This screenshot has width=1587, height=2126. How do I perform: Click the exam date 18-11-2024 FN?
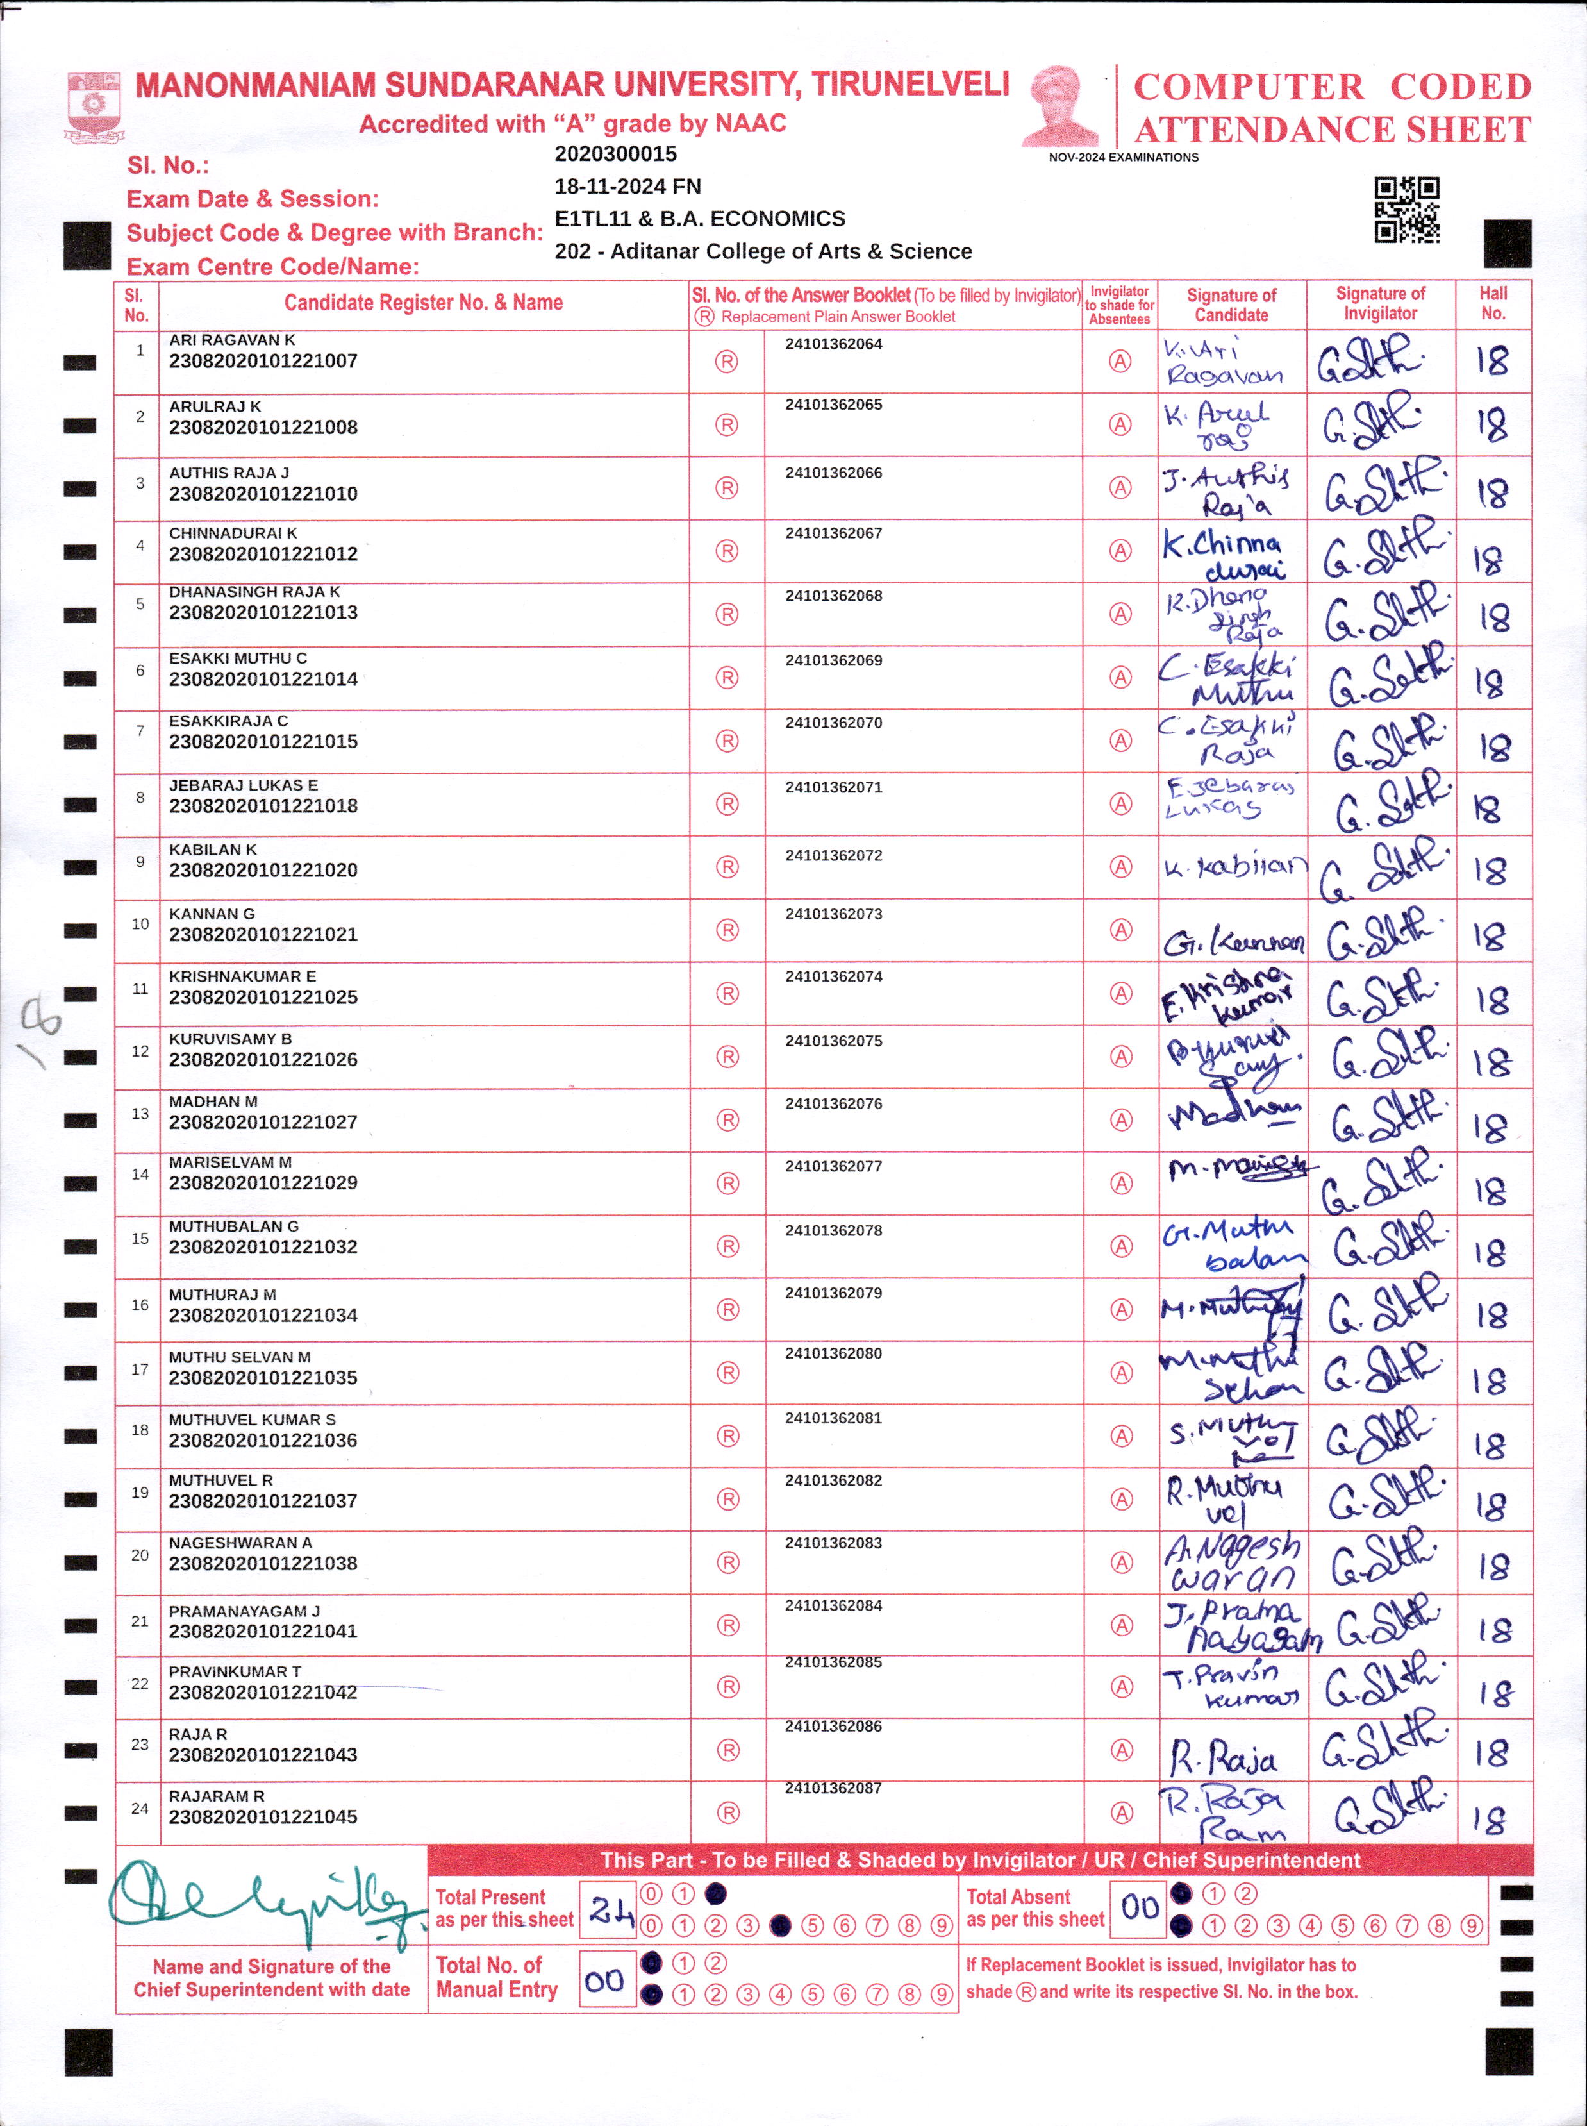627,187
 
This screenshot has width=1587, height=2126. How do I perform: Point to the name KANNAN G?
212,914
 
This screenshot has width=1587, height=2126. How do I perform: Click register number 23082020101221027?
263,1122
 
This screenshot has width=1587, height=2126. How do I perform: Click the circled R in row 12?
727,1057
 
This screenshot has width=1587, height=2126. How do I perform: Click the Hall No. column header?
1493,304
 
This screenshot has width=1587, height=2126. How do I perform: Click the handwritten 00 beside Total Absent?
1140,1906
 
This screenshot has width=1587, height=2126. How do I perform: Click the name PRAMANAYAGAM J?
244,1611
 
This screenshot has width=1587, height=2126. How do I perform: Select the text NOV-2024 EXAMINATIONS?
1123,158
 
